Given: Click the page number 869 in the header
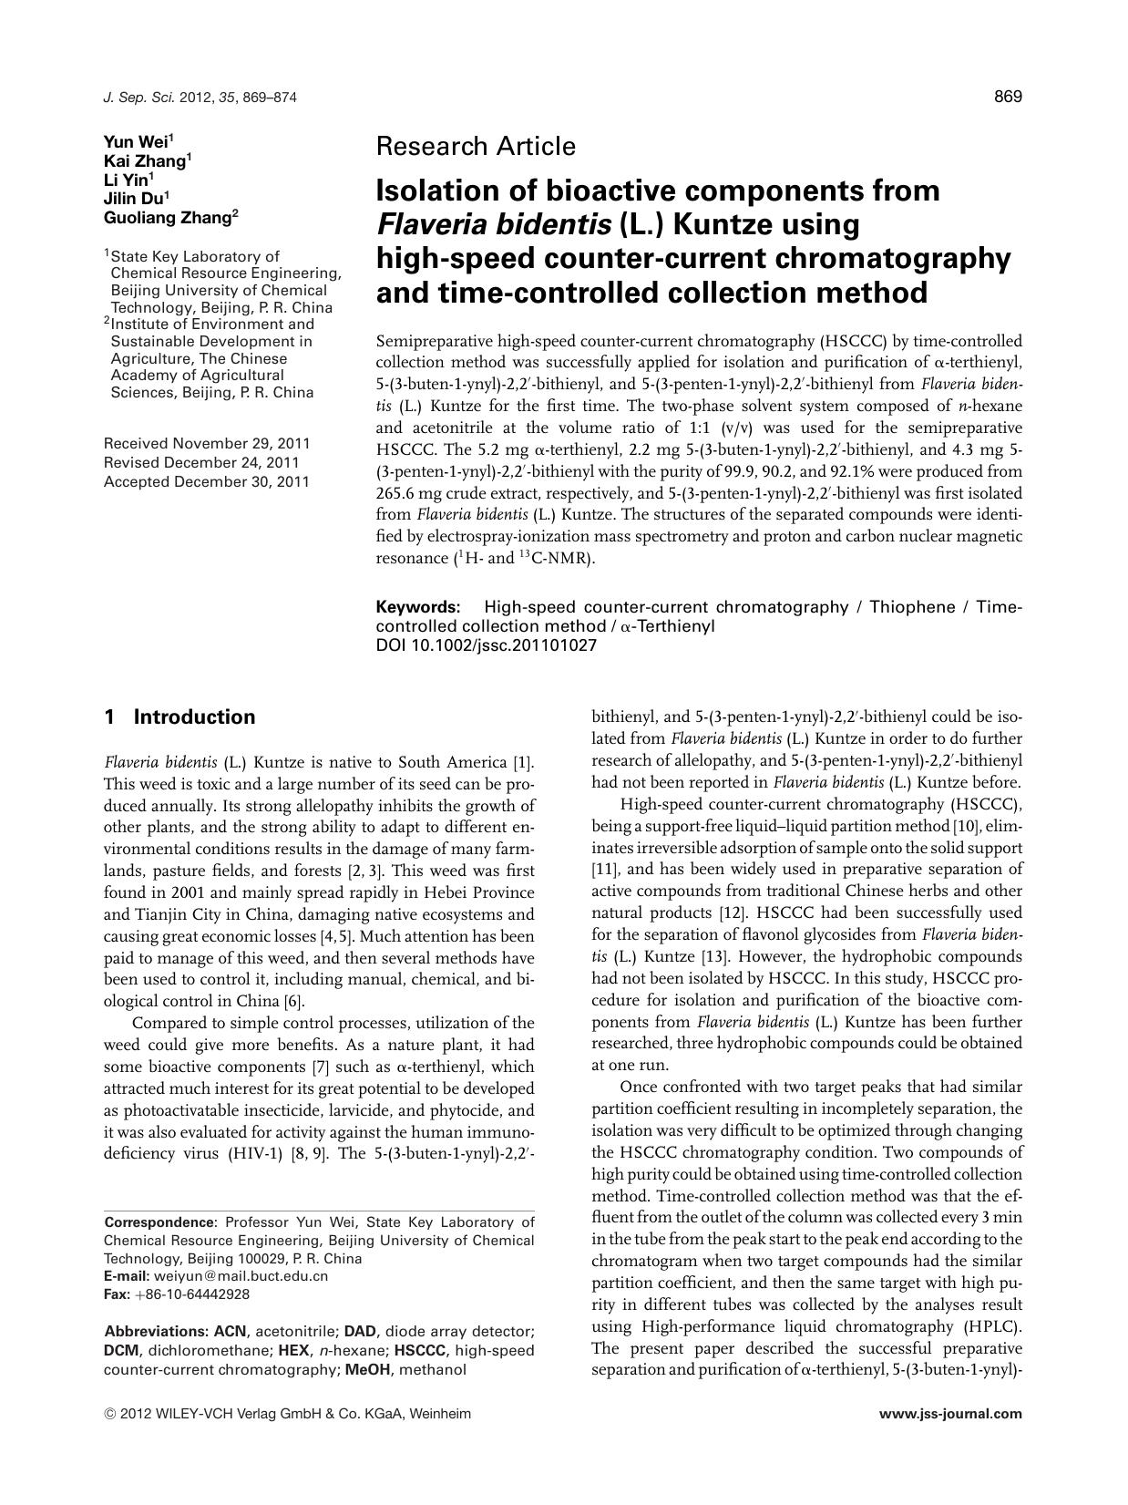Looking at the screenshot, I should (x=1008, y=97).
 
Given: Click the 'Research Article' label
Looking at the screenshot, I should (x=476, y=146).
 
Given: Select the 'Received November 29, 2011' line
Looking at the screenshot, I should (x=207, y=444).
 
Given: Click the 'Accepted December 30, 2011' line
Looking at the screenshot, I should (x=207, y=481).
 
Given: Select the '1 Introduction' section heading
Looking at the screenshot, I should (x=179, y=716).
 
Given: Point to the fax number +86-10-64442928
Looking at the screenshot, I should (x=191, y=1294).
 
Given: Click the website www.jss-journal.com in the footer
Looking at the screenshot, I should (x=950, y=1414).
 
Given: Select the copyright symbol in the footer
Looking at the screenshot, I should (x=110, y=1415).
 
